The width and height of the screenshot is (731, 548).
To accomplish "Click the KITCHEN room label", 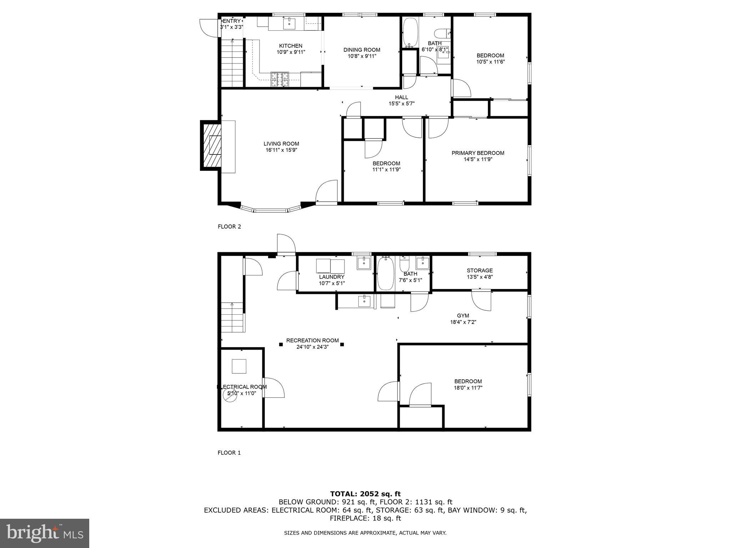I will [x=291, y=46].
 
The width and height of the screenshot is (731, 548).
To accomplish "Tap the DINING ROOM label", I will [x=362, y=50].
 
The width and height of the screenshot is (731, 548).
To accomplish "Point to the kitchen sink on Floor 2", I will [x=289, y=24].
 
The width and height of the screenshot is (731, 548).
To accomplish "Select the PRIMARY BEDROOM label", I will [x=478, y=153].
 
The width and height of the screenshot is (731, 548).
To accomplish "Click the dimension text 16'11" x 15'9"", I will [x=281, y=150].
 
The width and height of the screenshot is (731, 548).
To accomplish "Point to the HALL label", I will [x=401, y=97].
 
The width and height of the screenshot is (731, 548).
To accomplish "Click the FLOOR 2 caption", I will [x=229, y=227].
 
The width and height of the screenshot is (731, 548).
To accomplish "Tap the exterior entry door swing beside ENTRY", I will [x=208, y=27].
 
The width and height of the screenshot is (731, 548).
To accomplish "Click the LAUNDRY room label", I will [x=332, y=277].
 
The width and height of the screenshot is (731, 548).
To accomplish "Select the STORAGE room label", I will [x=479, y=270].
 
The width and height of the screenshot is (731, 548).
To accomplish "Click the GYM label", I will [x=463, y=316].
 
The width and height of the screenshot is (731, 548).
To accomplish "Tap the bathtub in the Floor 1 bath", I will [x=385, y=278].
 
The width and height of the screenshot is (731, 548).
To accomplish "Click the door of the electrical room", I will [x=273, y=388].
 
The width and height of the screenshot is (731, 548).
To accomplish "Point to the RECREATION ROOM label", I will [x=312, y=340].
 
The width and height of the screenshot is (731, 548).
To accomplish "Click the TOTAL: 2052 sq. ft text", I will [x=365, y=494].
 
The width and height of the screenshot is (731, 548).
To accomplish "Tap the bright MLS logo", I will [x=45, y=533].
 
